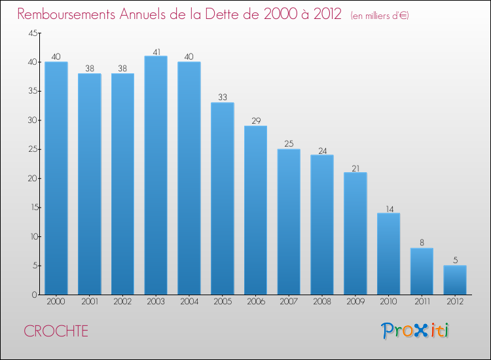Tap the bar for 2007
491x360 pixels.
click(x=289, y=222)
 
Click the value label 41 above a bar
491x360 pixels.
click(x=156, y=51)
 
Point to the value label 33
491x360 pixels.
click(x=223, y=98)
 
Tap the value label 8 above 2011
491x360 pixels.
click(x=422, y=243)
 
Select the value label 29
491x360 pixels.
click(x=256, y=121)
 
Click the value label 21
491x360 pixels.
click(x=355, y=168)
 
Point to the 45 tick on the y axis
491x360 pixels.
click(x=32, y=33)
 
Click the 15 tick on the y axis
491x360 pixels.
click(x=32, y=207)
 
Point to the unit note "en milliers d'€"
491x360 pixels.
click(x=380, y=15)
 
